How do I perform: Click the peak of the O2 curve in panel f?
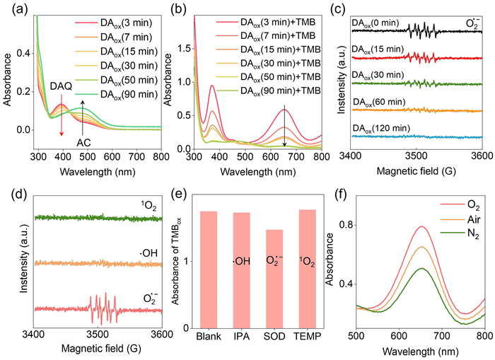click(x=421, y=227)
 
